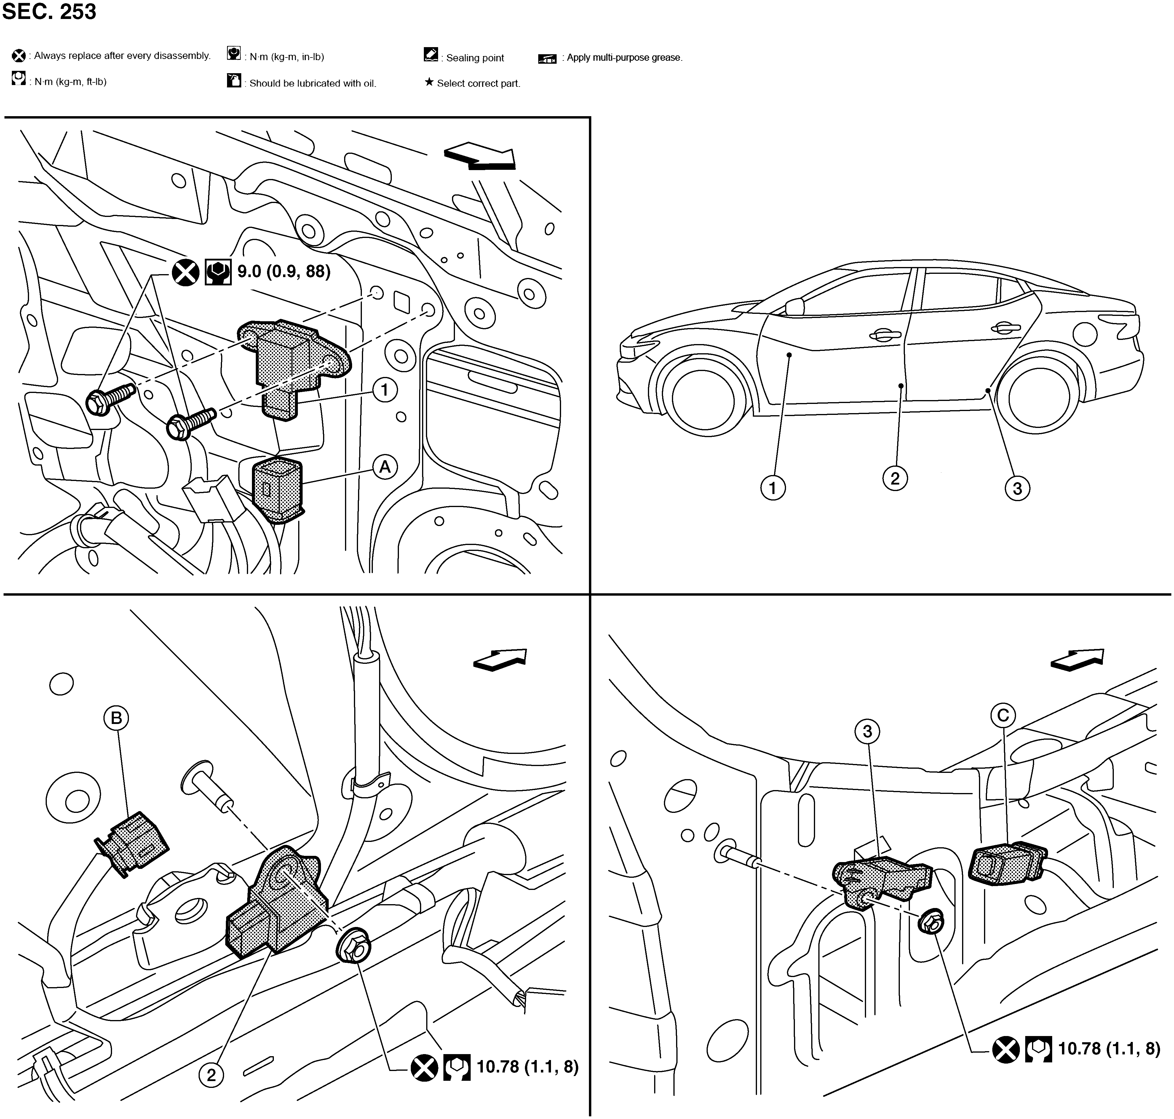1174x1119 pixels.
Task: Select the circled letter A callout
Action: (x=385, y=466)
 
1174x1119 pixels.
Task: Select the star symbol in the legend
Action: (x=429, y=82)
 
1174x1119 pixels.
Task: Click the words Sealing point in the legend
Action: (x=475, y=58)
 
